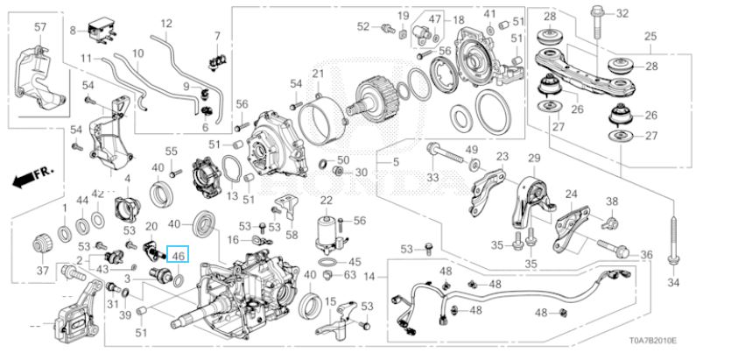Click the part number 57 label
pos(39,28)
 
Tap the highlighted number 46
pos(179,256)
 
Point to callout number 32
pos(622,13)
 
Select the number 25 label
pos(650,36)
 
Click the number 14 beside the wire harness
pos(369,277)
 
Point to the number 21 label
pos(317,72)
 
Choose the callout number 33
pos(432,179)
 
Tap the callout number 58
pos(292,236)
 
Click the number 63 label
pos(349,276)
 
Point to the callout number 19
pos(403,18)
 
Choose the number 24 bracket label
pos(570,194)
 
